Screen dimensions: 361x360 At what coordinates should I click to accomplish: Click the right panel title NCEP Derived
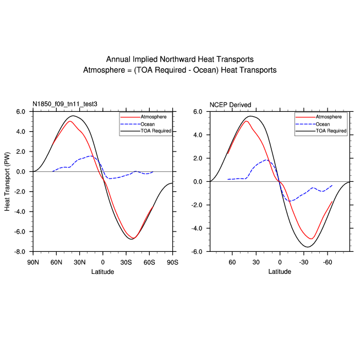(x=230, y=105)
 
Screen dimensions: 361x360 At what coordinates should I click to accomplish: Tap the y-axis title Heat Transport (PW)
(x=8, y=181)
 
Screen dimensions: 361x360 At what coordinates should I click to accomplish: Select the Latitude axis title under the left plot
(x=102, y=272)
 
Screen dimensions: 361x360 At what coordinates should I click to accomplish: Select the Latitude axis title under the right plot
(x=280, y=272)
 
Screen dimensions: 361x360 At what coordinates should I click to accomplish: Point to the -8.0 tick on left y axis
(x=21, y=251)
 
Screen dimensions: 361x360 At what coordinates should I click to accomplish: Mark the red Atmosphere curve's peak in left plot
(x=70, y=121)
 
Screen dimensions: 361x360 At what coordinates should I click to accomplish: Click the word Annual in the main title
(x=118, y=60)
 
